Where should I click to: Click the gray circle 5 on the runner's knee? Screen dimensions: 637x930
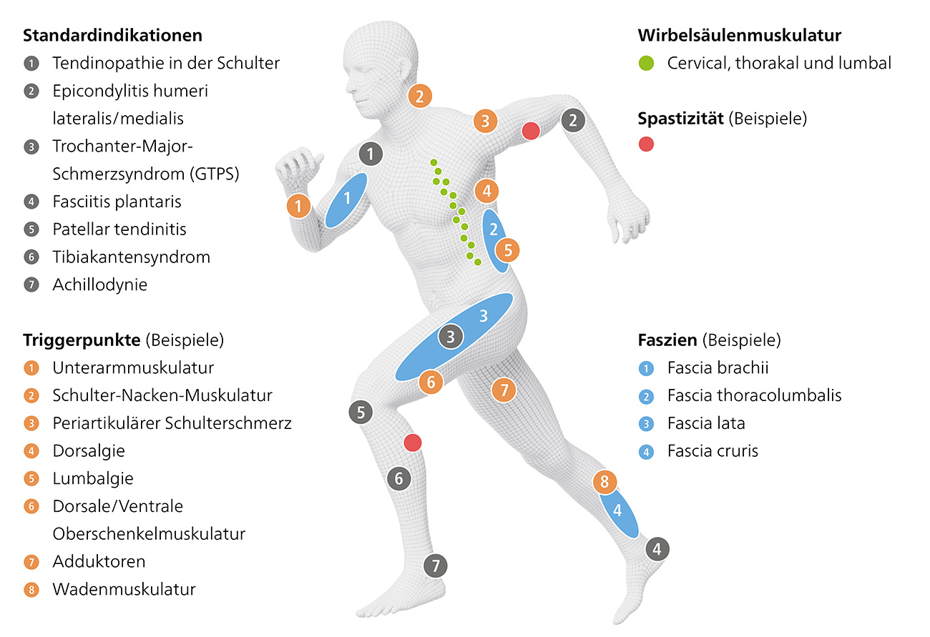click(x=361, y=412)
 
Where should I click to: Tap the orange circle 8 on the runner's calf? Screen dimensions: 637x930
click(x=604, y=482)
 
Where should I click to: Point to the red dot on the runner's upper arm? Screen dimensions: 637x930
click(x=530, y=131)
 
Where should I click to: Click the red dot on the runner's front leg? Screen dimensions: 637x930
click(x=412, y=442)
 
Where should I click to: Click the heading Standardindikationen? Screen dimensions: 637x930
click(x=113, y=35)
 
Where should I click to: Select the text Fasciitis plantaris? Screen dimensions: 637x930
click(x=117, y=202)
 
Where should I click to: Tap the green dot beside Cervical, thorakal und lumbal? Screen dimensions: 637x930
click(x=646, y=64)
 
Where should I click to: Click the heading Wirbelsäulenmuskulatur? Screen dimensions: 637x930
click(x=739, y=35)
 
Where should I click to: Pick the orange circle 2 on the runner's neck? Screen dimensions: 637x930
click(x=420, y=95)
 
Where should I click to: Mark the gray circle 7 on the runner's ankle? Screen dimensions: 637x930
click(x=435, y=566)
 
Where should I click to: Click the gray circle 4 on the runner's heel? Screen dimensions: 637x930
click(x=657, y=549)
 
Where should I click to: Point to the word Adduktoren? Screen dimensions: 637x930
click(x=99, y=562)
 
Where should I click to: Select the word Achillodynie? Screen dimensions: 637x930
click(x=99, y=285)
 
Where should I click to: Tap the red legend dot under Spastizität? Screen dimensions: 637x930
click(x=646, y=144)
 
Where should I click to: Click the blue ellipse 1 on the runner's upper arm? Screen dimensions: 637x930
click(x=347, y=199)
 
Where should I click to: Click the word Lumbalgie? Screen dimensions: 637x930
click(x=93, y=478)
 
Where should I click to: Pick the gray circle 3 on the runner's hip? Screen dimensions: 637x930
click(x=451, y=337)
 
